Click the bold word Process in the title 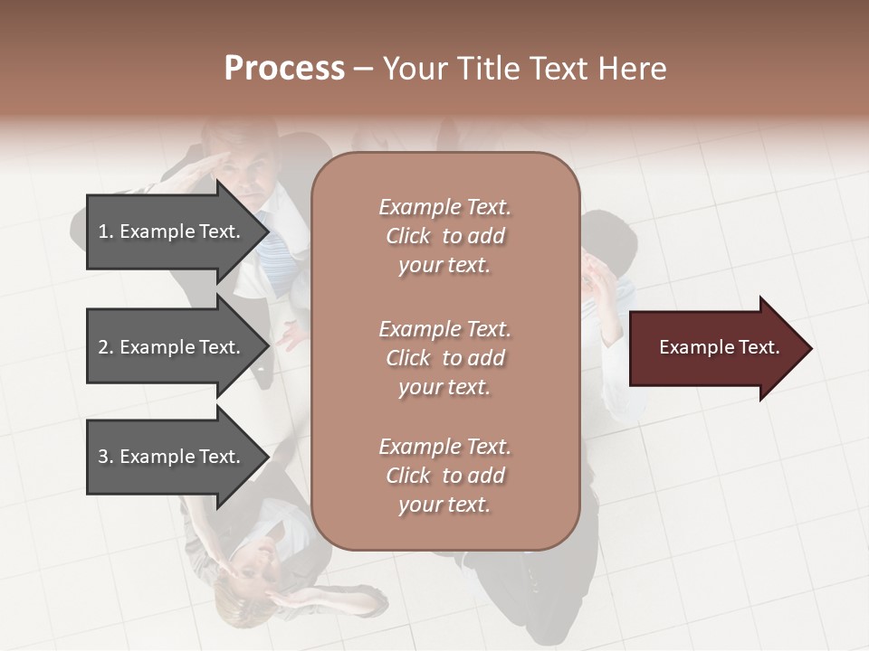284,68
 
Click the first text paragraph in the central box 444,236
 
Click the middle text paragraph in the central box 444,358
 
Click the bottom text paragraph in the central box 444,476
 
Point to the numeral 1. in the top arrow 106,231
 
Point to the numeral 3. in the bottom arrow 106,457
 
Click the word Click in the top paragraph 408,236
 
